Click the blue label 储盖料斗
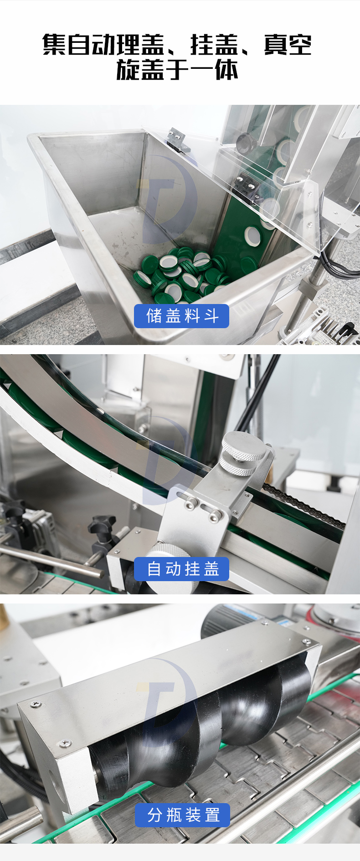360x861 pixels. [181, 316]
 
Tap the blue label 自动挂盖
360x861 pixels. [182, 569]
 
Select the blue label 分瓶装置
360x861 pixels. [182, 815]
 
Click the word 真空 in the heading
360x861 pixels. [288, 45]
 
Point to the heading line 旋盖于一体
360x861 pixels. [177, 70]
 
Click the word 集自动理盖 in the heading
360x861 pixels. [103, 45]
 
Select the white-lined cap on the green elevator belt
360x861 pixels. [252, 236]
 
